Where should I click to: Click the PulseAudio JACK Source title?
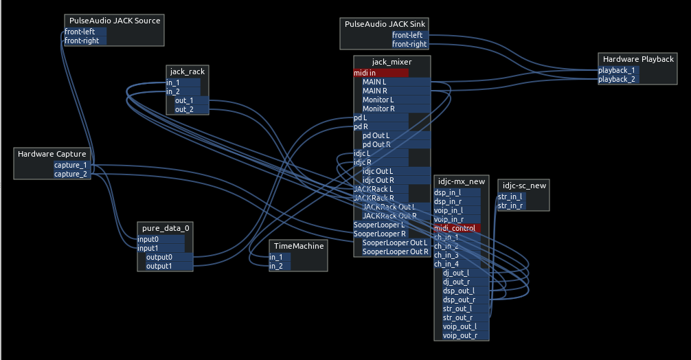115,21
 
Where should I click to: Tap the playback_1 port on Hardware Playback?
617,70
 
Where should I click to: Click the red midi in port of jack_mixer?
381,73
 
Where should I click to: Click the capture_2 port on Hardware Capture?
71,174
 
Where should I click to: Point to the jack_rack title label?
188,71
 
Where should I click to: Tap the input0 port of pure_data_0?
160,239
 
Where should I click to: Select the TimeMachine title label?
298,246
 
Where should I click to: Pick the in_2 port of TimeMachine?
279,266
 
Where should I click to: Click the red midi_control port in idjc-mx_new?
457,228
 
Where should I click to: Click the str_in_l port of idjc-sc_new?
510,197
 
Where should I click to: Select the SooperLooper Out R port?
395,251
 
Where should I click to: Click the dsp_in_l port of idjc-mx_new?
457,192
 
